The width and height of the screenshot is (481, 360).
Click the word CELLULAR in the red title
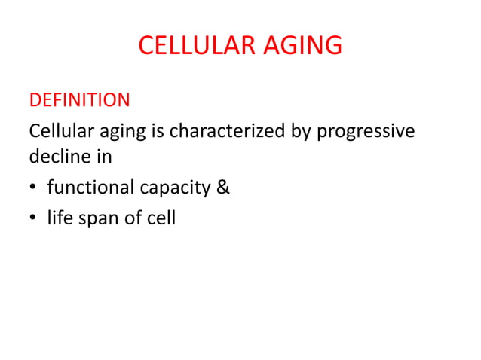click(198, 46)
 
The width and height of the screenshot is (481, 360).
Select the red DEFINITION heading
click(79, 100)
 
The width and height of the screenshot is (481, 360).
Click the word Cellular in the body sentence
click(59, 131)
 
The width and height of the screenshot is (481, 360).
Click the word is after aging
click(159, 131)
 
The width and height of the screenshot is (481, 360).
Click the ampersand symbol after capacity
click(223, 188)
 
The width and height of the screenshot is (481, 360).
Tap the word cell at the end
click(162, 220)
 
